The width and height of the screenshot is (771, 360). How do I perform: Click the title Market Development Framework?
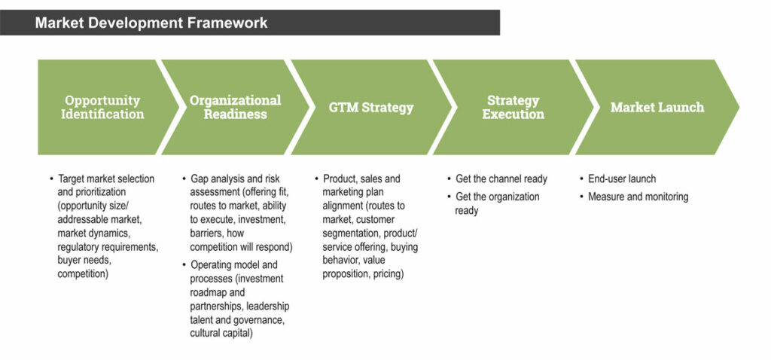151,23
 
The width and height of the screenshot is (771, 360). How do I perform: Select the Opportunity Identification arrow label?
102,107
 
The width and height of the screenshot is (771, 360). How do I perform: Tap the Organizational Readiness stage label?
235,107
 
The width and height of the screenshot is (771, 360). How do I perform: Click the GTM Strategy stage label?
371,107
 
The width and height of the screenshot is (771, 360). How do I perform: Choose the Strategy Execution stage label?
513,107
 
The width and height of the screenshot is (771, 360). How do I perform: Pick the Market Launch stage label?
657,107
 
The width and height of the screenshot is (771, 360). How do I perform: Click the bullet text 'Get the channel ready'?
501,179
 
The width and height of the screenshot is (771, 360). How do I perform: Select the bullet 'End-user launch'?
622,179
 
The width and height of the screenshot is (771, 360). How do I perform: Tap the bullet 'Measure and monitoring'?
638,197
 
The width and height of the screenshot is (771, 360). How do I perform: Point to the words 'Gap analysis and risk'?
236,179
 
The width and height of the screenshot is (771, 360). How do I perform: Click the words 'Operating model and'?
234,265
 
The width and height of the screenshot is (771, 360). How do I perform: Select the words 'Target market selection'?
106,179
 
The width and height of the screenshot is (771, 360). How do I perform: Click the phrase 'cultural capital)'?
221,333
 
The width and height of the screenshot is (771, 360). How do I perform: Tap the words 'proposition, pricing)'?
364,274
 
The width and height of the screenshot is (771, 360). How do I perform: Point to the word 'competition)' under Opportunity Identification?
84,274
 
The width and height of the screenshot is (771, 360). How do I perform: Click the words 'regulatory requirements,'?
108,246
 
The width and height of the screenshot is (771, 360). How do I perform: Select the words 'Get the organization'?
498,197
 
